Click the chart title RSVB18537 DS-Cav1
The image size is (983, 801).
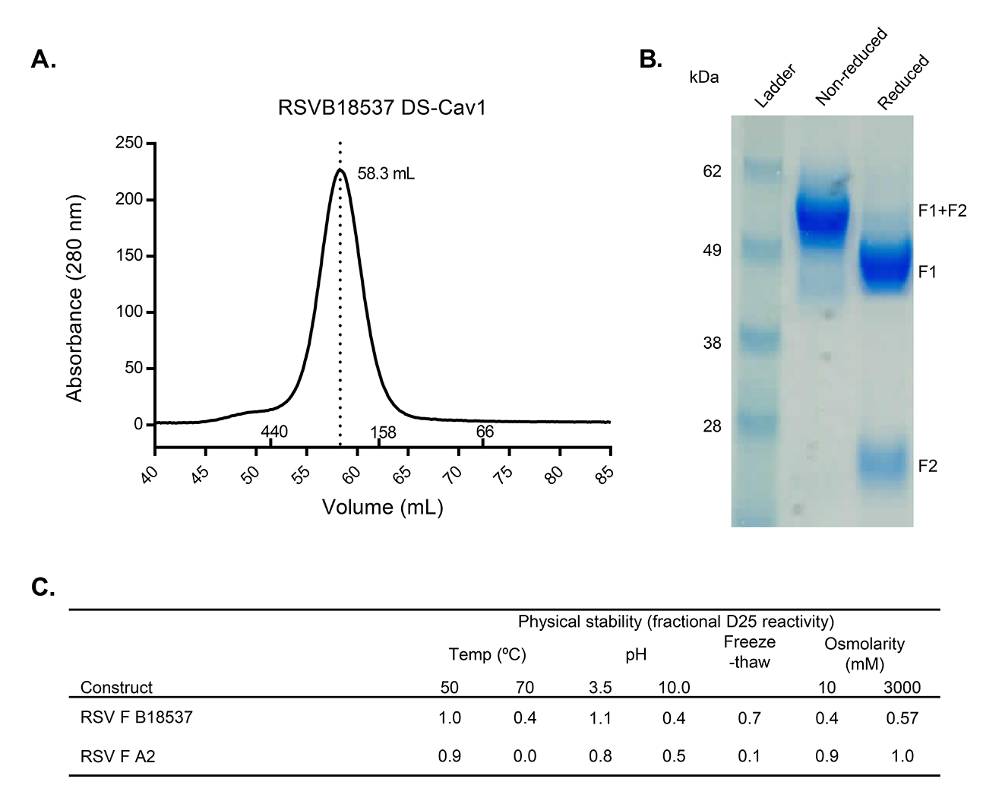381,108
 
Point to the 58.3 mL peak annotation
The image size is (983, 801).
386,174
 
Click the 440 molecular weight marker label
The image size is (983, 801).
274,432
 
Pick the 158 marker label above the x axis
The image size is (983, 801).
383,432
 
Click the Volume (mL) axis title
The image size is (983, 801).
382,507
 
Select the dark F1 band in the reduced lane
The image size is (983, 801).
886,265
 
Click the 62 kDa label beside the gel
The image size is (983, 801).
712,172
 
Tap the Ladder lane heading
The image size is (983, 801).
775,86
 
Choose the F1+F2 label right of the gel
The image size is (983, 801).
942,211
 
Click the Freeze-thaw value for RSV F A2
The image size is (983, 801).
749,756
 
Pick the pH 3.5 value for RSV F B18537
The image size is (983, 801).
600,717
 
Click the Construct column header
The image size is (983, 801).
116,688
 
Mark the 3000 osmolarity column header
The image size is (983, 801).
902,688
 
